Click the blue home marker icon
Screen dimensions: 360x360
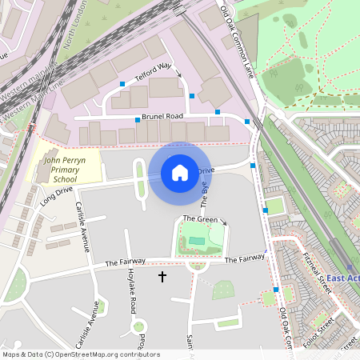point(180,172)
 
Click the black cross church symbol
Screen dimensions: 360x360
point(162,277)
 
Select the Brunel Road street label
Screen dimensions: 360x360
point(163,117)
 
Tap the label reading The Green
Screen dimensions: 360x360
point(200,219)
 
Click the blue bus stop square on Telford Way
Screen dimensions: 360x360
point(122,84)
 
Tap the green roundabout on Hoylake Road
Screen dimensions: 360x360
point(139,326)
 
